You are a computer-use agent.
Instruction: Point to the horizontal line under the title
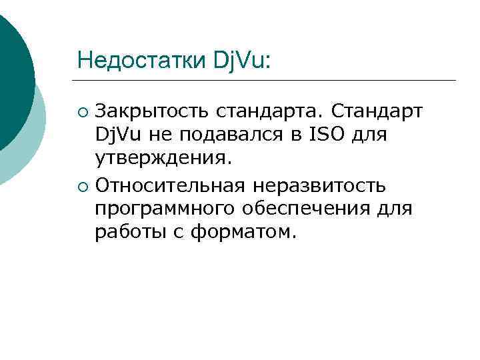pyautogui.click(x=267, y=81)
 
